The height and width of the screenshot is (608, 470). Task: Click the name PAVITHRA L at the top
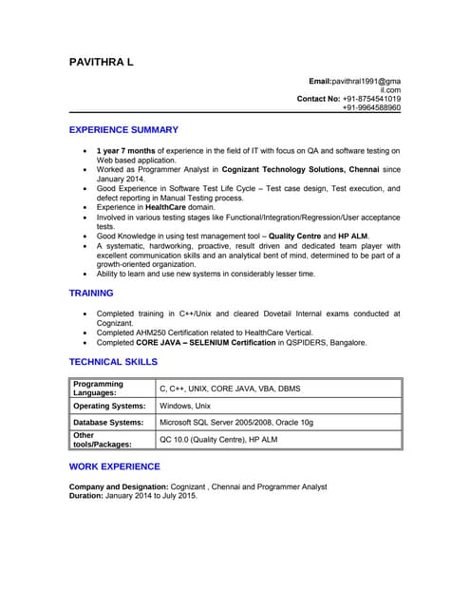coord(102,63)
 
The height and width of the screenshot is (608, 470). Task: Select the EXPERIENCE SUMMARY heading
coord(123,130)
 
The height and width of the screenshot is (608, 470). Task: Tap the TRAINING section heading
coord(91,294)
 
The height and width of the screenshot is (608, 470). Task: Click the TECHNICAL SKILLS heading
coord(113,362)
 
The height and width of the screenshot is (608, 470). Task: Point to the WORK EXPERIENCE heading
coord(115,466)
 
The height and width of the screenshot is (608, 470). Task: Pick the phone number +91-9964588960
coord(371,108)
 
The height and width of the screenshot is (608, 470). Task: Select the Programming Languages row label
coord(98,389)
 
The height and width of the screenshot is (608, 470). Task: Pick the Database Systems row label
coord(108,422)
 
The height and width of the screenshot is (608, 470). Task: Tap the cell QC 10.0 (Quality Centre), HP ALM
coord(218,440)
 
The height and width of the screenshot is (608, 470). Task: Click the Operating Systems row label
coord(110,406)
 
